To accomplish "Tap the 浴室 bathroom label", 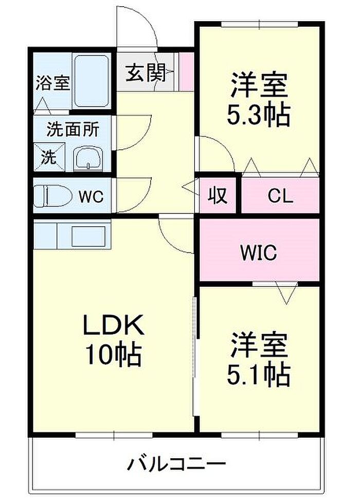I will click(52, 83).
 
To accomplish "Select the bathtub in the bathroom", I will click(91, 81).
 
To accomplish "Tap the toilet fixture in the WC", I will click(53, 196).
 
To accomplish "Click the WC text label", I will click(92, 196).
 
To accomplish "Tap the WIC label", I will click(259, 253).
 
